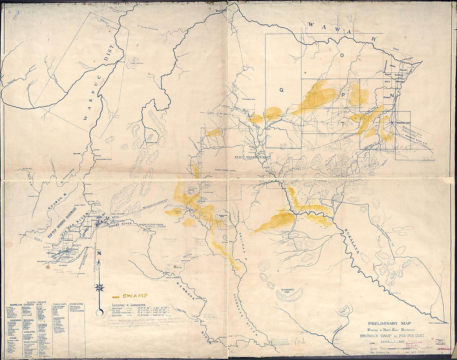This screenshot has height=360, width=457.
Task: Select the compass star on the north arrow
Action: point(99,287)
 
